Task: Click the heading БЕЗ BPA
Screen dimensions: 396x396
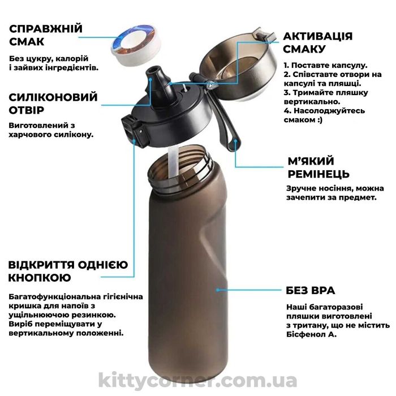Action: coord(311,291)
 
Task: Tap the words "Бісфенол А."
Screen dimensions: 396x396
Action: coord(311,335)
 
